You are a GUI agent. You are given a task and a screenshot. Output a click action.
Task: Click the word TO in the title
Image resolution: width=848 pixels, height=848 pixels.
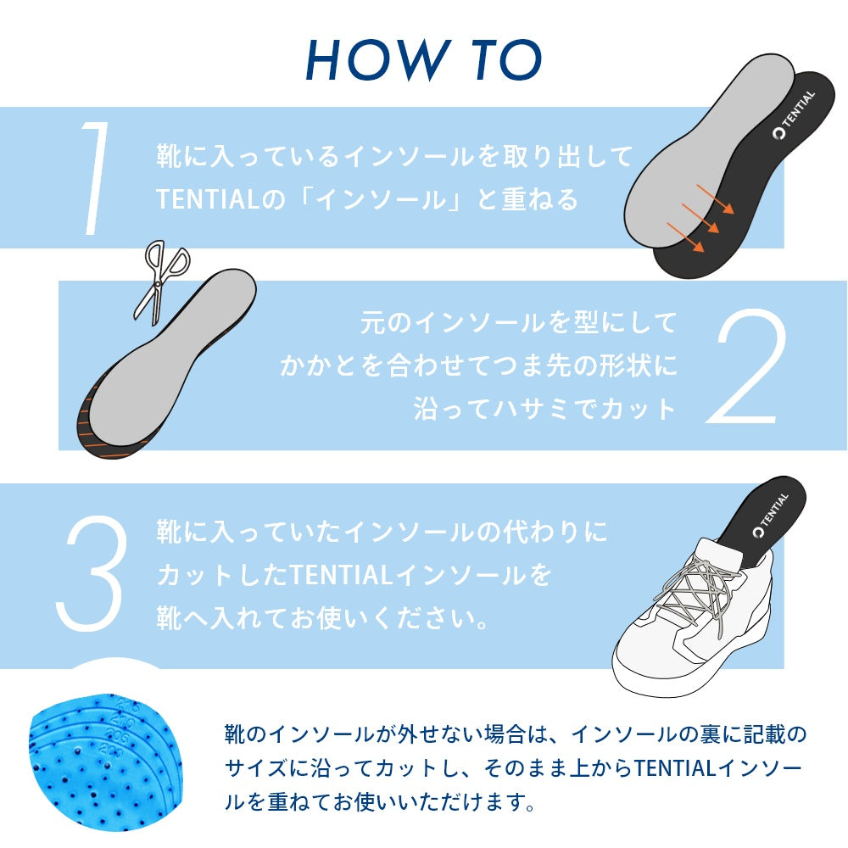click(506, 59)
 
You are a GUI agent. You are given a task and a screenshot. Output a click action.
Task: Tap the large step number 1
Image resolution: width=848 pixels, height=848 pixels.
click(94, 178)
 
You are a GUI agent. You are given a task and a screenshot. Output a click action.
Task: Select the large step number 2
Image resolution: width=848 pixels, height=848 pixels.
click(747, 366)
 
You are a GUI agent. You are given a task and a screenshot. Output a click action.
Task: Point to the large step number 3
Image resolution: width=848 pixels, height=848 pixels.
click(92, 573)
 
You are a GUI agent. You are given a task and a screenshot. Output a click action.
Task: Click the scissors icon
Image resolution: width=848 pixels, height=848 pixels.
click(160, 282)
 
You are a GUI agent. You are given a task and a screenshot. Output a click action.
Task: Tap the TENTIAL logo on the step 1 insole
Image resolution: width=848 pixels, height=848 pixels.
click(794, 114)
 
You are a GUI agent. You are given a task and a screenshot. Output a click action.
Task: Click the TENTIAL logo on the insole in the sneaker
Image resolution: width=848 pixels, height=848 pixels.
click(771, 516)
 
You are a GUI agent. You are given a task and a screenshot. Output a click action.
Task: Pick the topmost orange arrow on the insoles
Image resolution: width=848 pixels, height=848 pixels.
click(715, 199)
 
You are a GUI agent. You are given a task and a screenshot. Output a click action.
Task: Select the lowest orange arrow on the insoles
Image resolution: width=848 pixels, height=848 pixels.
click(685, 237)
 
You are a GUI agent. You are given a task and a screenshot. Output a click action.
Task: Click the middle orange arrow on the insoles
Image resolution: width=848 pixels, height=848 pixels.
click(700, 218)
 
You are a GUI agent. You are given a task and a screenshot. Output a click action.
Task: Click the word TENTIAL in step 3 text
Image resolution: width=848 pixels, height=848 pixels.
click(341, 574)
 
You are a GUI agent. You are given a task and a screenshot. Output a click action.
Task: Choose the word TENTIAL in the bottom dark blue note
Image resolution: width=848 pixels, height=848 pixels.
click(675, 767)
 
